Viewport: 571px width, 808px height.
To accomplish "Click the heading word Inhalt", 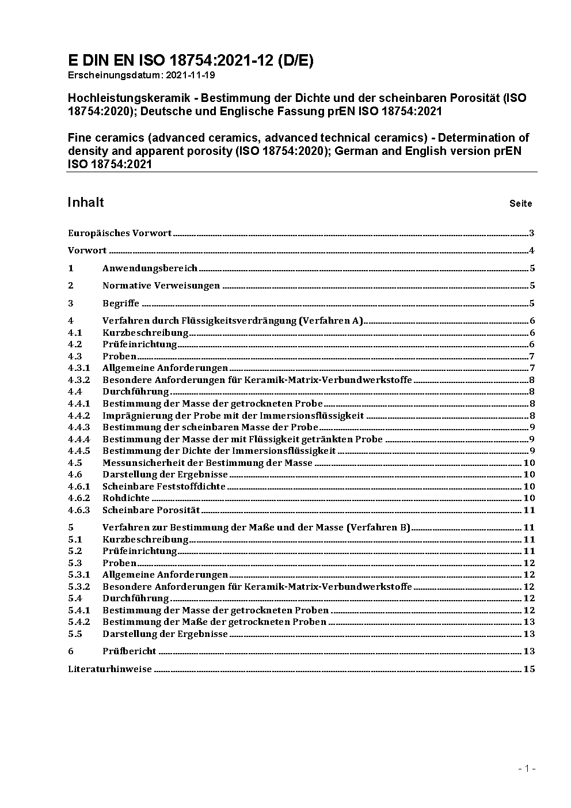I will pyautogui.click(x=86, y=202).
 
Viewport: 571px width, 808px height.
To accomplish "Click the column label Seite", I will pyautogui.click(x=520, y=203).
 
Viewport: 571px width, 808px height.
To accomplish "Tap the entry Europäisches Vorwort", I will pyautogui.click(x=120, y=233).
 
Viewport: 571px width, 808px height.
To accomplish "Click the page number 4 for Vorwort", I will pyautogui.click(x=532, y=251).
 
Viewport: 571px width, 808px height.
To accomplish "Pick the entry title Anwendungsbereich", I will pyautogui.click(x=150, y=268).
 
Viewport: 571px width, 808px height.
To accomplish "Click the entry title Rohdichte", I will pyautogui.click(x=126, y=498).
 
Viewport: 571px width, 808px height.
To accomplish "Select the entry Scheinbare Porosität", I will pyautogui.click(x=151, y=510).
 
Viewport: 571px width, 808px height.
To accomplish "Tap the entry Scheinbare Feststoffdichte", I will pyautogui.click(x=163, y=487).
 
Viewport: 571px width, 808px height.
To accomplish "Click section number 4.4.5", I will pyautogui.click(x=79, y=451).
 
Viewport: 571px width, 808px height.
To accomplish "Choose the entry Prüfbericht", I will pyautogui.click(x=129, y=651).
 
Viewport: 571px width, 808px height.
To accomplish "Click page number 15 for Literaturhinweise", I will pyautogui.click(x=529, y=669).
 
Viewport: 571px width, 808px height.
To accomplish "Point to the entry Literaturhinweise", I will pyautogui.click(x=110, y=669).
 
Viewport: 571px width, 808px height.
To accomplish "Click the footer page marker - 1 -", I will pyautogui.click(x=527, y=768).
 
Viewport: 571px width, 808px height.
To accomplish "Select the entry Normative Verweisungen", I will pyautogui.click(x=161, y=286).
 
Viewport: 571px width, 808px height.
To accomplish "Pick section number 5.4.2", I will pyautogui.click(x=79, y=622).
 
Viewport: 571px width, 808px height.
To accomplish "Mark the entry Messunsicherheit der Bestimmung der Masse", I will pyautogui.click(x=207, y=463).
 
